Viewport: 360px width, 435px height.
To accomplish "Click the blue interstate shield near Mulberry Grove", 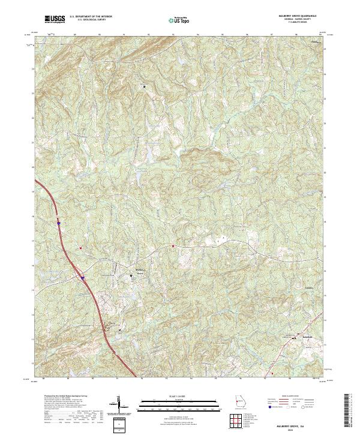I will pos(82,278).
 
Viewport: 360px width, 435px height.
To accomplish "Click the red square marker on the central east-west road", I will pos(173,246).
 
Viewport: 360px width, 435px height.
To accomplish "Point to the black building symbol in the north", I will pos(144,86).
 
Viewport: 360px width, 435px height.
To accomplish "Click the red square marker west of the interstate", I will pos(80,248).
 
